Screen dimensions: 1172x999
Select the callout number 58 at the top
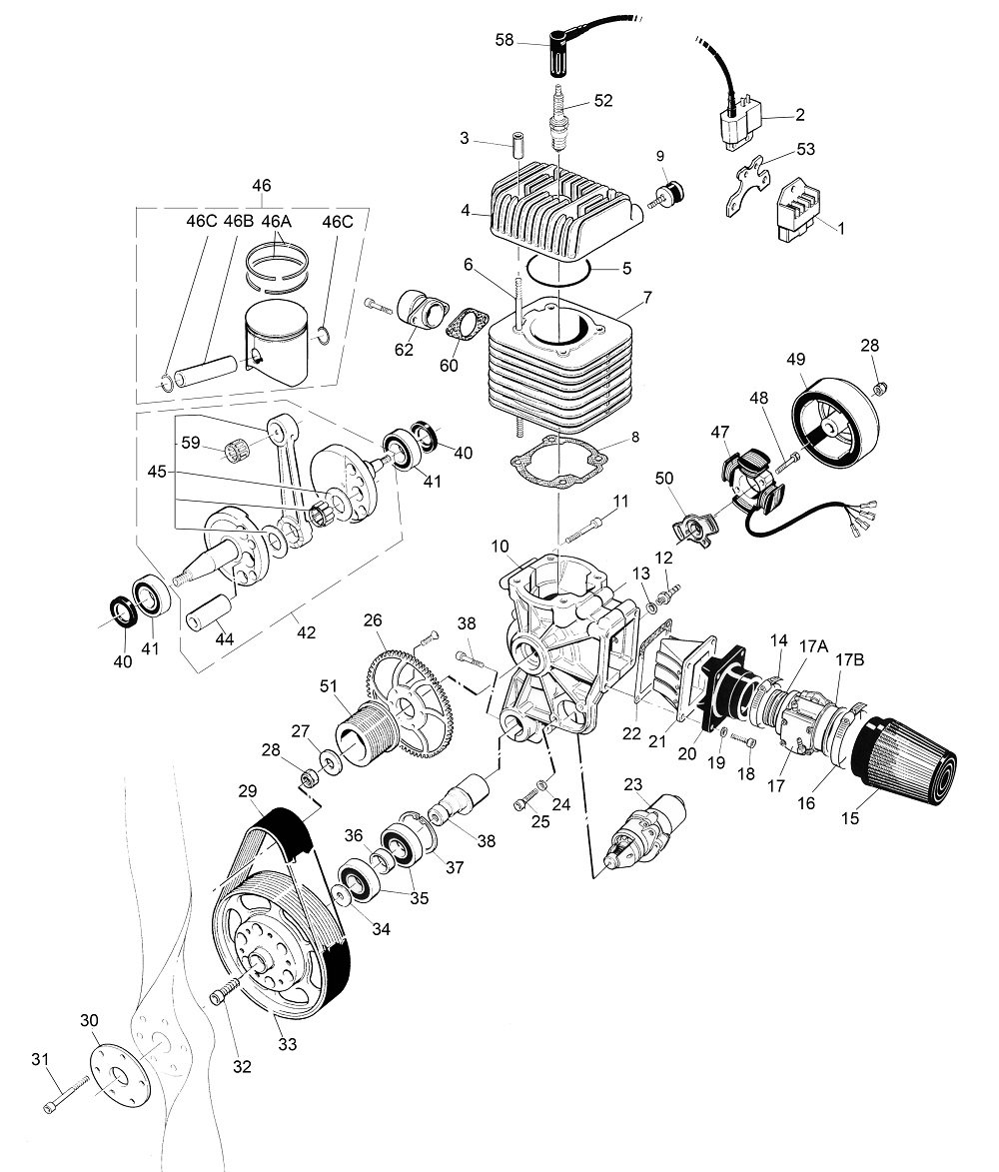click(504, 39)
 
